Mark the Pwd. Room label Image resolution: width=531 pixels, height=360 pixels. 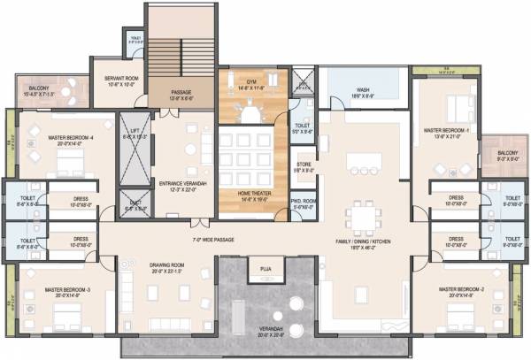pos(303,203)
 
